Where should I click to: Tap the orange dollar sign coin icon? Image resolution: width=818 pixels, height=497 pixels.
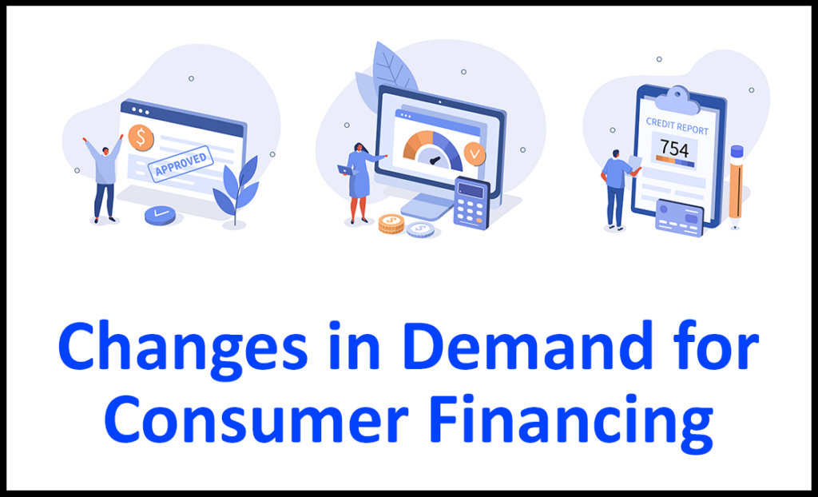click(141, 137)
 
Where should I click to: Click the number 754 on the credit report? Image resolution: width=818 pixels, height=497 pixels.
click(675, 149)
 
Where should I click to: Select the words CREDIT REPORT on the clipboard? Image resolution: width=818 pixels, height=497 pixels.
click(677, 127)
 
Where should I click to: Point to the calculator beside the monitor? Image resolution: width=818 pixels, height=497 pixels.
click(471, 202)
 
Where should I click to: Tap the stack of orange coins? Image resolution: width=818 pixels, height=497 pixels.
click(391, 224)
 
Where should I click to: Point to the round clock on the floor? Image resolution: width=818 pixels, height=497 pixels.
click(161, 214)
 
